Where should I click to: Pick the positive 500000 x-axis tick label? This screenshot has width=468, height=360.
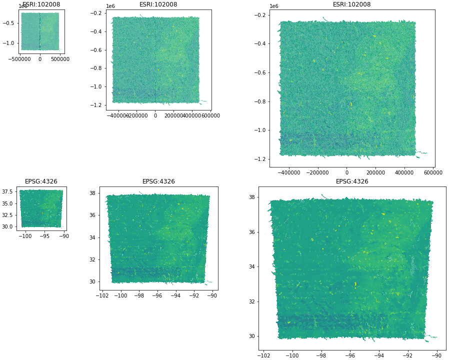(60, 59)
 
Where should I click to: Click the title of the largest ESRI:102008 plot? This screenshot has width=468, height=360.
(351, 4)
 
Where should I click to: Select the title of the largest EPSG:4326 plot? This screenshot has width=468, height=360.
(351, 181)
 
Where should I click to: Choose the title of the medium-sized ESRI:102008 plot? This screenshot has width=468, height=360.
(158, 4)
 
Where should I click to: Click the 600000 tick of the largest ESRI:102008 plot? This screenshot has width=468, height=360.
(433, 172)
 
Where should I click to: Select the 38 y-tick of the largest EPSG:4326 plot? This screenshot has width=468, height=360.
(251, 197)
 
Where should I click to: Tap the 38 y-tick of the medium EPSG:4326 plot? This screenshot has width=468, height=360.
(92, 193)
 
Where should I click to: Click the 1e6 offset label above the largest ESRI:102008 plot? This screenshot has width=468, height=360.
(274, 6)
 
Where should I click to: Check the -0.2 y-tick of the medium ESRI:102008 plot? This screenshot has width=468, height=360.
(96, 13)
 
